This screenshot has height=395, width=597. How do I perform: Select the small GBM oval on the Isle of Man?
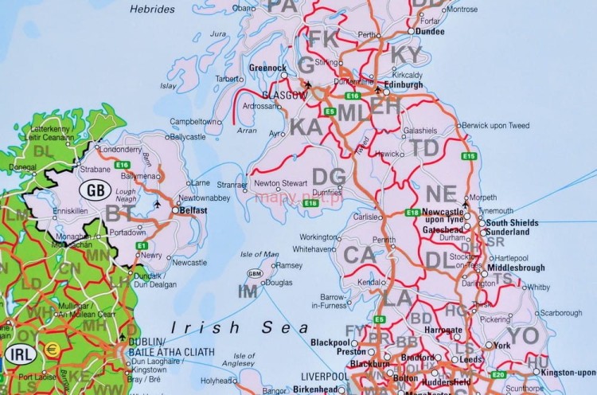[255, 273]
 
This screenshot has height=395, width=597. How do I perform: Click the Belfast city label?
[193, 210]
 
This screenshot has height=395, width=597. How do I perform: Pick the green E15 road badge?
[469, 156]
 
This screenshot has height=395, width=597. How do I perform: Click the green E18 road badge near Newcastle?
[412, 212]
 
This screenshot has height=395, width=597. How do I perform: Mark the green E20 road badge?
[498, 374]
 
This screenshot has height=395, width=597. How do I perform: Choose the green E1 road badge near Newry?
[142, 245]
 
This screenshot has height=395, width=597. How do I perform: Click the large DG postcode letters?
[328, 176]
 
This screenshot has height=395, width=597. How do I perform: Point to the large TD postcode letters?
[424, 148]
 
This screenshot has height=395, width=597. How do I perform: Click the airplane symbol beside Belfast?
[158, 205]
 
